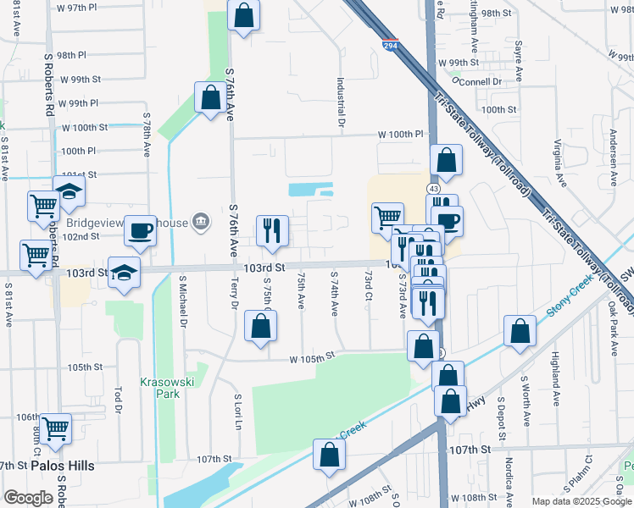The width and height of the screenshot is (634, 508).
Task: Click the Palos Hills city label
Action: pyautogui.click(x=63, y=466)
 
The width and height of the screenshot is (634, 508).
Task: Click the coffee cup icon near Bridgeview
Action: pyautogui.click(x=141, y=230)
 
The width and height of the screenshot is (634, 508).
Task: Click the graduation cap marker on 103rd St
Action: pyautogui.click(x=125, y=273)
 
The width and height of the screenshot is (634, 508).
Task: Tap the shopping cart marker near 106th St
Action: pyautogui.click(x=55, y=428)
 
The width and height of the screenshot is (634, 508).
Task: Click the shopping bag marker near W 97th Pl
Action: pyautogui.click(x=243, y=16)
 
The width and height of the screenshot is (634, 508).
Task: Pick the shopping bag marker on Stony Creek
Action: pyautogui.click(x=520, y=332)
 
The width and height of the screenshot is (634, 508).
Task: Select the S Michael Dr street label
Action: pyautogui.click(x=183, y=301)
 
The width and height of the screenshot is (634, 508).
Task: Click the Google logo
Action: pyautogui.click(x=29, y=498)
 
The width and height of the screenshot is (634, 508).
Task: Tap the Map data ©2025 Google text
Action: pyautogui.click(x=581, y=501)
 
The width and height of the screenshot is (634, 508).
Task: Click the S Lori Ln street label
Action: pyautogui.click(x=238, y=411)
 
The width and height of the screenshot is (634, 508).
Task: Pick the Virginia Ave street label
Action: pyautogui.click(x=559, y=162)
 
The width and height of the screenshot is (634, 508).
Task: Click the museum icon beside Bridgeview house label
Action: pyautogui.click(x=201, y=223)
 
